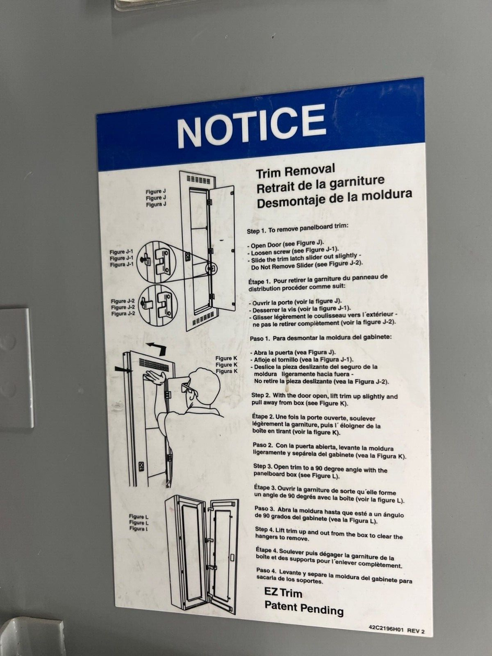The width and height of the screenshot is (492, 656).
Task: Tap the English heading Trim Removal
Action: (296, 171)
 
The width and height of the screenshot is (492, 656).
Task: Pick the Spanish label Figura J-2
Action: (123, 314)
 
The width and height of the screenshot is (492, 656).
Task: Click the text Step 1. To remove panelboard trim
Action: (297, 228)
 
